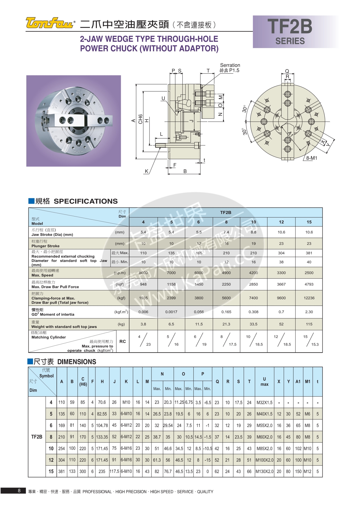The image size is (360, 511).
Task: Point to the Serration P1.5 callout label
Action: pos(230,68)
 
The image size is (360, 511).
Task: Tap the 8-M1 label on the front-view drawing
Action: pos(311,158)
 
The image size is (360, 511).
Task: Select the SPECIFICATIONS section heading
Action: pos(85,201)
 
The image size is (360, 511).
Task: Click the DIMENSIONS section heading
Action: pos(77,362)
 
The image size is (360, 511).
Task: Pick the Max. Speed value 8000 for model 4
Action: pos(143,273)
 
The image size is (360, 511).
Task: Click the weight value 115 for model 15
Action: pos(309,324)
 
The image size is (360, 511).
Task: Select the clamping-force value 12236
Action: pos(309,298)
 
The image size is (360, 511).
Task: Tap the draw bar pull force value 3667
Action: pos(281,284)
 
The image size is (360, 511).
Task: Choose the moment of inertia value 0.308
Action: pos(253,312)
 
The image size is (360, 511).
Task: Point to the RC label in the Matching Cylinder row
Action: pos(123,342)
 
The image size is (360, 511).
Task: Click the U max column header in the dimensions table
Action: pos(264,382)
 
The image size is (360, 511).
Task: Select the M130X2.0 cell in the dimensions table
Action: pos(264,471)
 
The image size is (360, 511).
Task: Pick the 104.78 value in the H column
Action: pos(102,425)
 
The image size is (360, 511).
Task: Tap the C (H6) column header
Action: pos(83,382)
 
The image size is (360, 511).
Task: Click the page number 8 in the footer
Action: pos(19,491)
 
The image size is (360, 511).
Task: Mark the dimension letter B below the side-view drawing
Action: pos(185,171)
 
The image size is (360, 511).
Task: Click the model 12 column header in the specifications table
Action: pos(281,222)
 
